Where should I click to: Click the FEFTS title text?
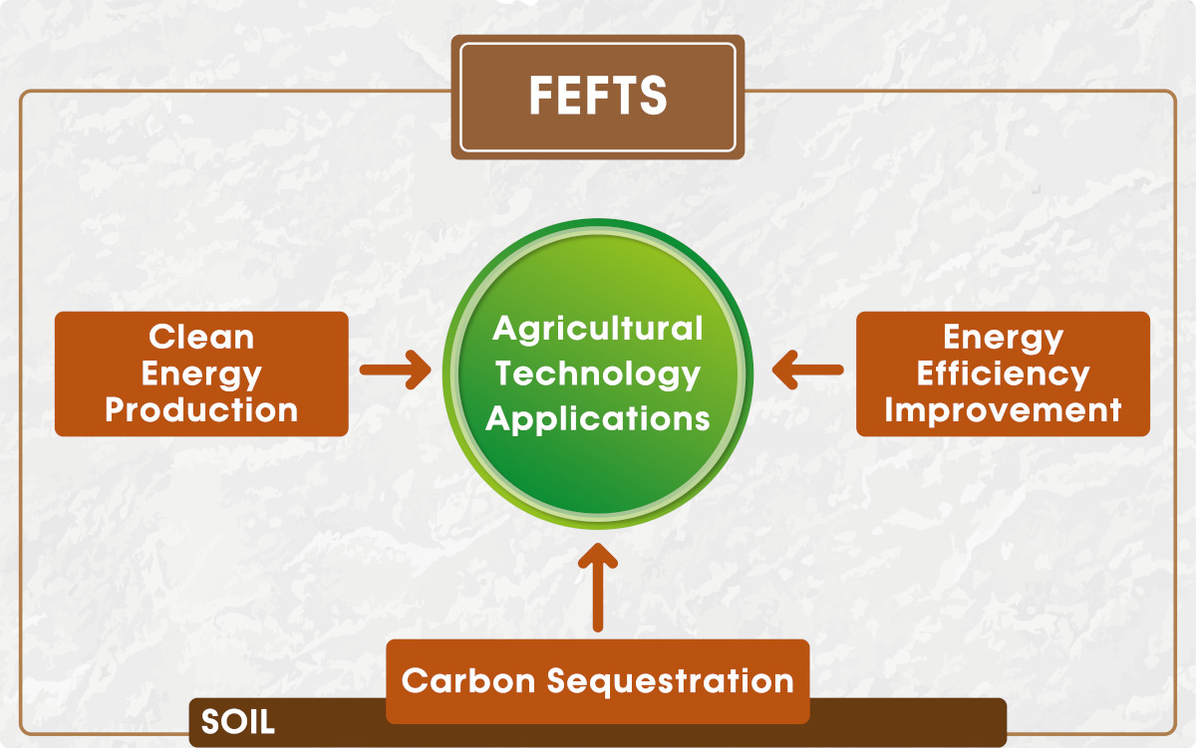coord(598,96)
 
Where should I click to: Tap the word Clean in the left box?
coord(201,338)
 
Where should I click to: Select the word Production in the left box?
coord(201,409)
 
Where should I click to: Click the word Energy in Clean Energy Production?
coord(201,375)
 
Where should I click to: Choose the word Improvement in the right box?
coord(1003,409)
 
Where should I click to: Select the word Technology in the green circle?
coord(597,374)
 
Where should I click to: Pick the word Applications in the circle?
coord(597,419)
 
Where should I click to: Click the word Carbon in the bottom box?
coord(468,681)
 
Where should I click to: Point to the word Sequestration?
coord(671,683)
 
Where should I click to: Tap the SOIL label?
coord(237,722)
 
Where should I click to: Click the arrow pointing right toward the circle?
coord(395,370)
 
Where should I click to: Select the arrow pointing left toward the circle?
coord(808,370)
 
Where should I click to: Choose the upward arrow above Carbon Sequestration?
coord(598,588)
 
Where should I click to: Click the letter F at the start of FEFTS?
coord(541,96)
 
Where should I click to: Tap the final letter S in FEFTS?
coord(654,96)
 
